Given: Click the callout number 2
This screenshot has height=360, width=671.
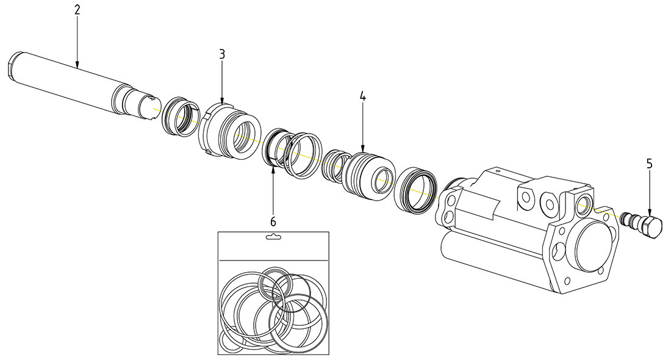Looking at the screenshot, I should (x=77, y=11).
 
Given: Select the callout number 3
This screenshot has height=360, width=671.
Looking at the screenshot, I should (x=222, y=54).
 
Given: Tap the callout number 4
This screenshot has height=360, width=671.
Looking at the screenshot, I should (x=362, y=96).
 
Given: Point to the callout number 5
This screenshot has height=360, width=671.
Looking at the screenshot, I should (x=649, y=163).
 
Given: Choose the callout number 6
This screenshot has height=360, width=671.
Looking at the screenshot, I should (x=273, y=220).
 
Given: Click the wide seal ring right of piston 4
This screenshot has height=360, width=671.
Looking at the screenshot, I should (x=416, y=189).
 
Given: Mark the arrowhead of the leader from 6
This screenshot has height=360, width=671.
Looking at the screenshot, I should (x=273, y=167).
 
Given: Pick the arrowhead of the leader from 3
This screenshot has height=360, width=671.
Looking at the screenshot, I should (x=222, y=104).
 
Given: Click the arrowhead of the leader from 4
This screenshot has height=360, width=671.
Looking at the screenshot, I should (x=362, y=151).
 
